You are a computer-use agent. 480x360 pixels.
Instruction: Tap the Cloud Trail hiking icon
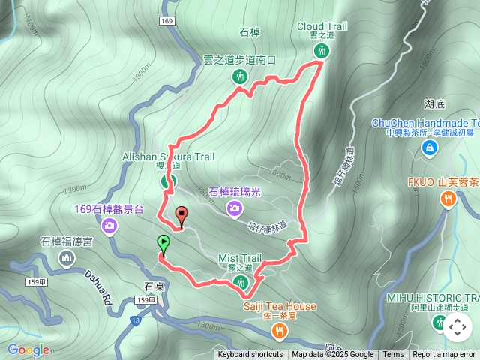[x=322, y=51]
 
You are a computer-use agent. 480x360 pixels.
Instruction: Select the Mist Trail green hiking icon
[x=241, y=282]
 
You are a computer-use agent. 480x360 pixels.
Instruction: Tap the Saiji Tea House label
[x=279, y=307]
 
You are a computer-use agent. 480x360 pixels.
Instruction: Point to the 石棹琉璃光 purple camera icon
[x=235, y=208]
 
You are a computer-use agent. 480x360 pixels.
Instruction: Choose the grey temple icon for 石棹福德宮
[x=67, y=258]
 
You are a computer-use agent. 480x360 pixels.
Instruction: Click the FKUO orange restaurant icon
[x=448, y=198]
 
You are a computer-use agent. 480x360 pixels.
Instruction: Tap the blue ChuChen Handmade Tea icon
[x=429, y=148]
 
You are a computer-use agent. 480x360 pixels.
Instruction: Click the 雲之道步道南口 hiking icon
[x=240, y=75]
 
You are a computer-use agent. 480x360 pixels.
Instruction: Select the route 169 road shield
[x=166, y=20]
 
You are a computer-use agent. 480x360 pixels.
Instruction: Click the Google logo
[x=28, y=349]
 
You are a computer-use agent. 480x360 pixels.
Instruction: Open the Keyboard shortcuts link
[x=250, y=355]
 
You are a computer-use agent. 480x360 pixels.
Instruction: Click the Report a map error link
[x=444, y=355]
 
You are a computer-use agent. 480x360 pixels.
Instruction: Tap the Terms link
[x=393, y=355]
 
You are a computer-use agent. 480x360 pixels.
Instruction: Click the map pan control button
[x=457, y=327]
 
